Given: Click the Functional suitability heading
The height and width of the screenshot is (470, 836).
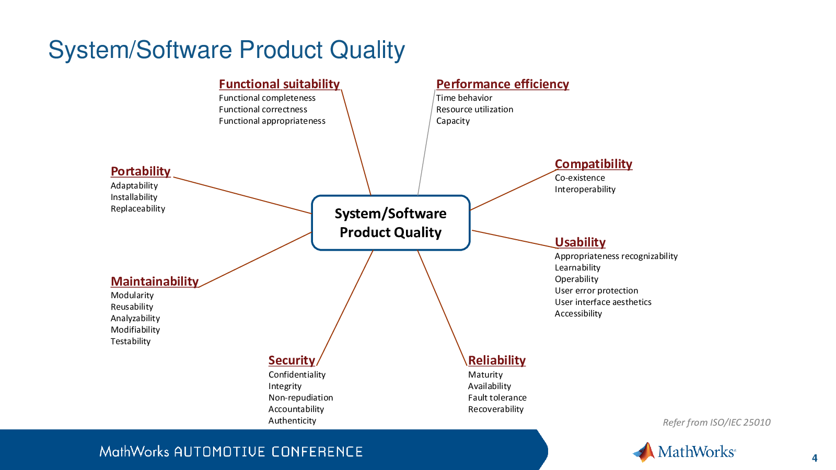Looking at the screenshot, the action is (279, 84).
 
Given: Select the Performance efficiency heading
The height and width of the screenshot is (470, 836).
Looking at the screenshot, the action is (502, 84).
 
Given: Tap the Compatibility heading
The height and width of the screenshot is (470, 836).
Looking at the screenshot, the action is (594, 164).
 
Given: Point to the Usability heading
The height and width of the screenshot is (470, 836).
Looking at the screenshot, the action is (580, 242).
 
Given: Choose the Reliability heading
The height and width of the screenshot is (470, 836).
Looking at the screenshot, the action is (497, 360).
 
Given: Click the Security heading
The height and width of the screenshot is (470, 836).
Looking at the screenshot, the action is (292, 360).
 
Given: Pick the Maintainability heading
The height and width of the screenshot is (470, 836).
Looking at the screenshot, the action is (155, 281).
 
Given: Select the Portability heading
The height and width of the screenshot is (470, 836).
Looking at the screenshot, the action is (141, 172).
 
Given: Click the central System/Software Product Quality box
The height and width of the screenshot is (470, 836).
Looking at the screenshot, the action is (391, 222).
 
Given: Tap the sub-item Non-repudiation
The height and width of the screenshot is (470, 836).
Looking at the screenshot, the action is (300, 397).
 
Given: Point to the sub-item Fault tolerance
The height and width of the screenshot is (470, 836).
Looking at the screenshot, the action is (497, 397).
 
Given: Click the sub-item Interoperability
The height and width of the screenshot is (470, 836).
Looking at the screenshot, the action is (585, 190).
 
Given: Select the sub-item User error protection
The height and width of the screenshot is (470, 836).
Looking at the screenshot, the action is (596, 290).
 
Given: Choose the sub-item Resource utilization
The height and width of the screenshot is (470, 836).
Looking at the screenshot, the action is (474, 110).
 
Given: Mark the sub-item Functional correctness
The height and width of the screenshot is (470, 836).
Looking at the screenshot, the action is (263, 110).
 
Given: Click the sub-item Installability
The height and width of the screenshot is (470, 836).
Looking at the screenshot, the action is (134, 197).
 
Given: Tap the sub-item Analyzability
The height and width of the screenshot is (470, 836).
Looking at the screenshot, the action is (135, 319).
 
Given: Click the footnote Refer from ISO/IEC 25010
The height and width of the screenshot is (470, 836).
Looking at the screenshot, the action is (716, 422).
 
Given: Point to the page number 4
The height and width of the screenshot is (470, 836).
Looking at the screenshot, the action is (815, 458).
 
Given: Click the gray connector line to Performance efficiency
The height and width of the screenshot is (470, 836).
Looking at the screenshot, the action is (426, 142).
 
